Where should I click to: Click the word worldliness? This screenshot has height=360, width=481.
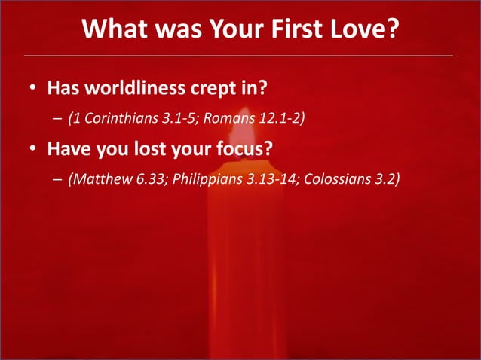pyautogui.click(x=135, y=89)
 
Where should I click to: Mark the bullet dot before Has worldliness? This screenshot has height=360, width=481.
pyautogui.click(x=32, y=90)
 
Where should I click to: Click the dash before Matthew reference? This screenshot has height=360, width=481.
pyautogui.click(x=57, y=181)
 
